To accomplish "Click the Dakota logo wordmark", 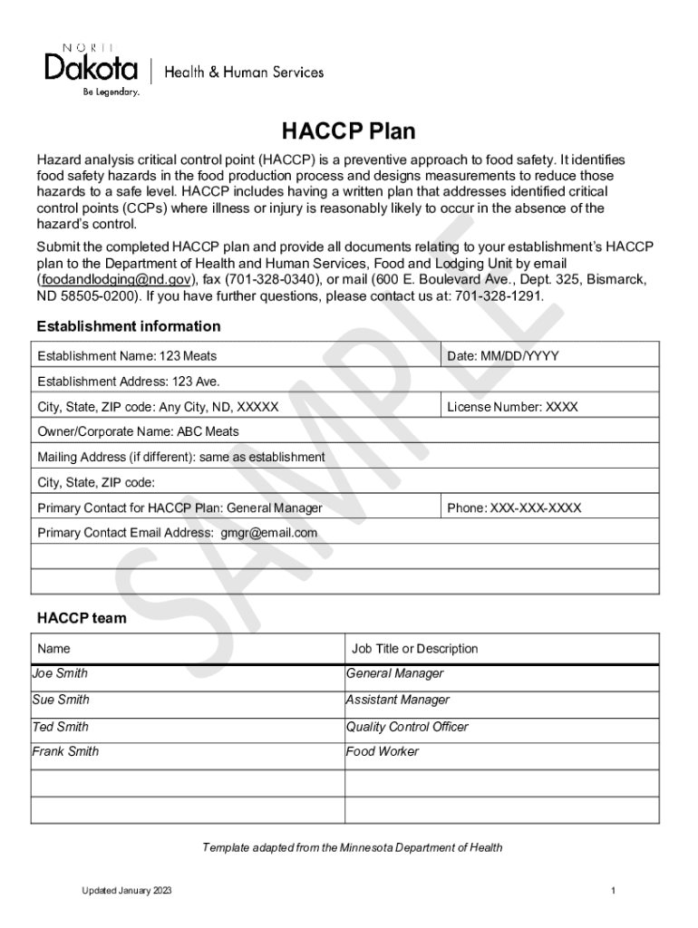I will click(x=91, y=68).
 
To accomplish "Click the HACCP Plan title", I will click(x=348, y=132).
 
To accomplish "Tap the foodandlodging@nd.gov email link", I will click(x=114, y=280).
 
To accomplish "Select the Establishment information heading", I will click(x=129, y=326).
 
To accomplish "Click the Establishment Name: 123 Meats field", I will click(x=127, y=356).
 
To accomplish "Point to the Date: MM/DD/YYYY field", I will click(x=503, y=356).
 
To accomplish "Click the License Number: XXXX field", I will click(x=512, y=407).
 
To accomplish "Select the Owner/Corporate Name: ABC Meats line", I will click(x=138, y=431).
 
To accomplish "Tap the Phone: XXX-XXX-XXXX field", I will click(x=514, y=508).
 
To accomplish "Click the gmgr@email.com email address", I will click(x=269, y=533).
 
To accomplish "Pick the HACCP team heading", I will click(x=82, y=619).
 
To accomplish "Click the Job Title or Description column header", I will click(x=414, y=649).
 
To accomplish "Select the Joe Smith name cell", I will click(x=60, y=673).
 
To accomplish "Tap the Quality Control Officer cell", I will click(x=407, y=727).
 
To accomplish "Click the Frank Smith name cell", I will click(x=65, y=751).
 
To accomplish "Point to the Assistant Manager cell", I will click(x=397, y=700).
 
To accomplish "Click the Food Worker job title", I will click(x=382, y=751).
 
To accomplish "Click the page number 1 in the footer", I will click(x=614, y=892).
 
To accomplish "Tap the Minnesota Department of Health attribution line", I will click(x=352, y=848).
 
